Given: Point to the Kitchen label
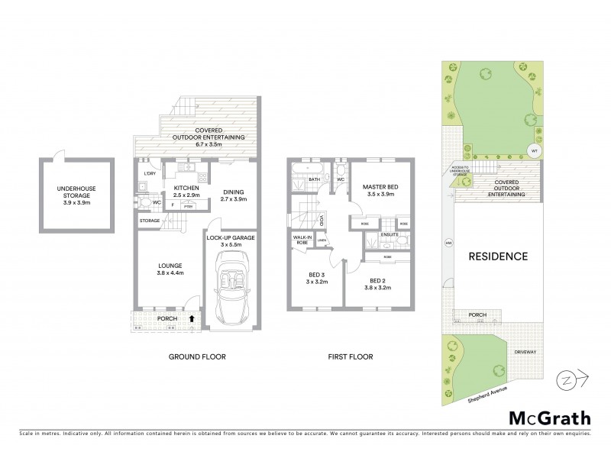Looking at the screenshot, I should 186,192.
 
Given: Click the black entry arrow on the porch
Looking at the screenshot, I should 191,320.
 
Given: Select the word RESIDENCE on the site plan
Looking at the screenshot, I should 497,256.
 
